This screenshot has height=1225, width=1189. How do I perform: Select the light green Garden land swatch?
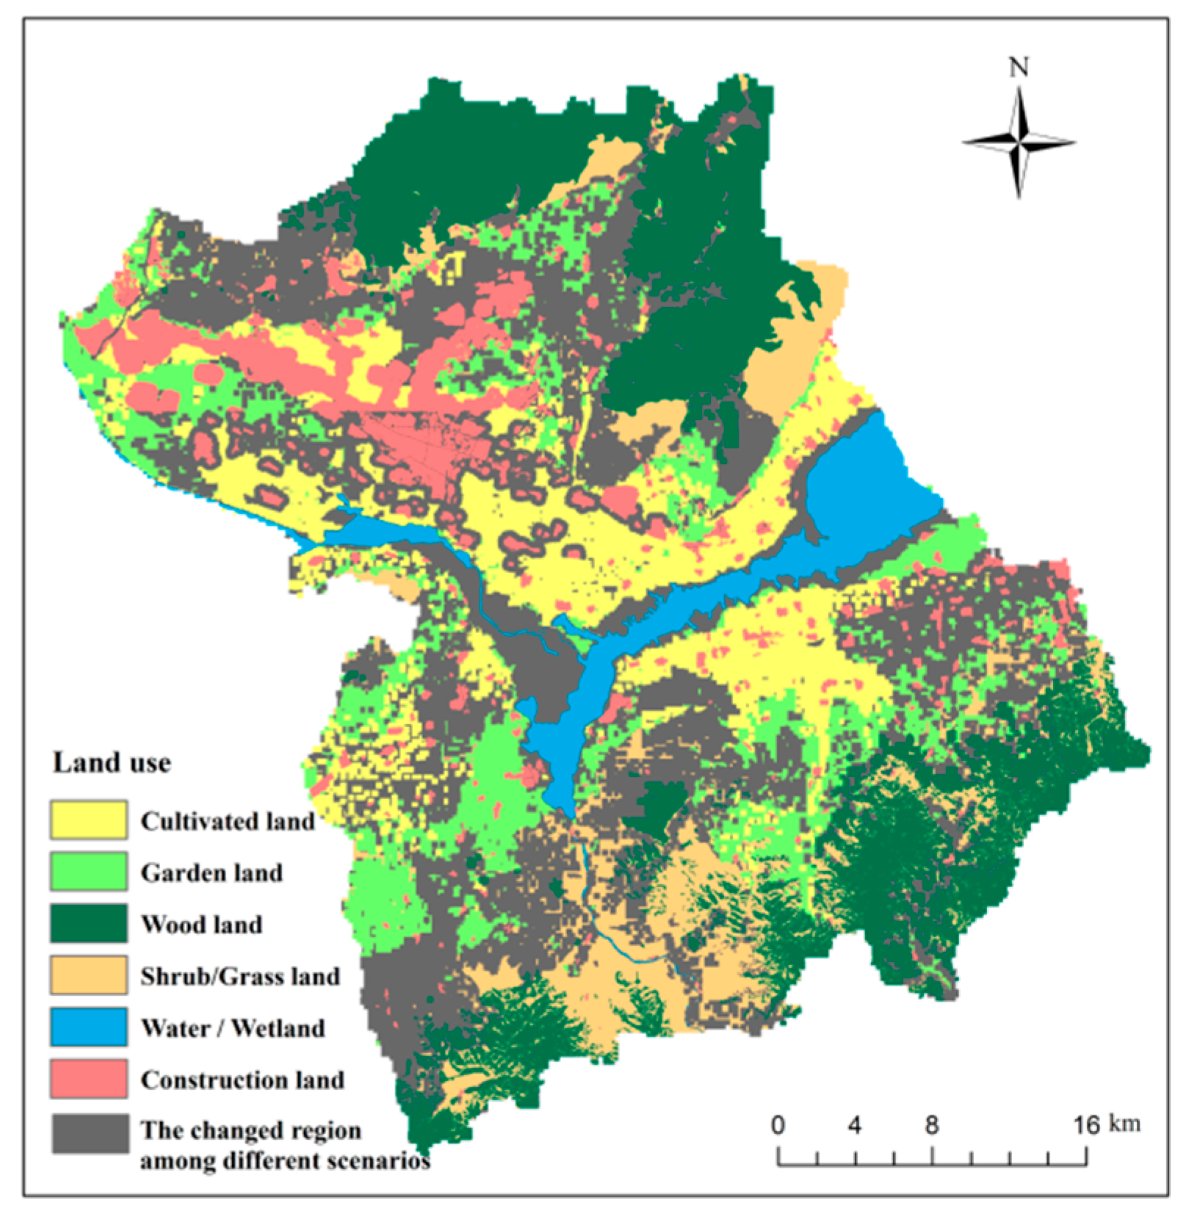88,872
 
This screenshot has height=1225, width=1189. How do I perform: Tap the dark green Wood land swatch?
88,923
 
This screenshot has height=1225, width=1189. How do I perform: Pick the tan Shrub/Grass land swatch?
88,975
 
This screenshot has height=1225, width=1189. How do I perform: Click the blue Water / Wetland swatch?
88,1027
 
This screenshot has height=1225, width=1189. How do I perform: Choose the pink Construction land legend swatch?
88,1078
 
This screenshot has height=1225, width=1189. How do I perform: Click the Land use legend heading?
112,763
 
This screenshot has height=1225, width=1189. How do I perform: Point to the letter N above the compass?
1018,68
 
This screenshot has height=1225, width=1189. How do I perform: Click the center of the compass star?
1019,142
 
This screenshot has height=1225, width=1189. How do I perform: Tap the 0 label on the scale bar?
778,1125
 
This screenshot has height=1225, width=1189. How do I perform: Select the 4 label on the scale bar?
855,1125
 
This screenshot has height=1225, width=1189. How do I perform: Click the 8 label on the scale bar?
931,1125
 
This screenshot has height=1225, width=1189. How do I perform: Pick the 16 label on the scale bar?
1085,1125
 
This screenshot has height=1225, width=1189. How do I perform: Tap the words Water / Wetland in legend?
232,1027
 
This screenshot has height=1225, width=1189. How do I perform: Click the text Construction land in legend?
242,1080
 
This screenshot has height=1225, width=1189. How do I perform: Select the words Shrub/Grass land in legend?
240,976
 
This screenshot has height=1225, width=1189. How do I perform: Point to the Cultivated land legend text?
228,821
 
